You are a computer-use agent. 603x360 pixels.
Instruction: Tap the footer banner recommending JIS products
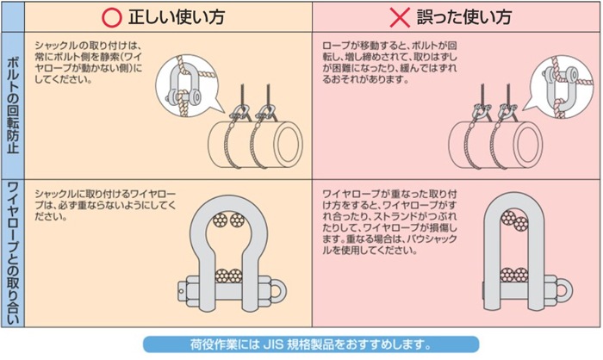(x=301, y=344)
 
